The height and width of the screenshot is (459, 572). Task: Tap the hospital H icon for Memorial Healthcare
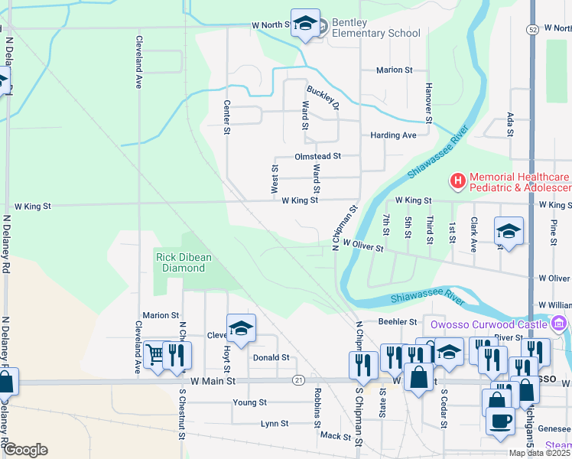coord(457,181)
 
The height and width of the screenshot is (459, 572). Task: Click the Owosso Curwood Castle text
coord(489,324)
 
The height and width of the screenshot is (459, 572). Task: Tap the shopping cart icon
coord(156,355)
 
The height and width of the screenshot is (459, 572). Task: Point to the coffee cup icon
coord(500,422)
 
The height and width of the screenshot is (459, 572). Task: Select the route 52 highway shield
coord(532,28)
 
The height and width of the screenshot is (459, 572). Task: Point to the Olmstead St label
coord(316,155)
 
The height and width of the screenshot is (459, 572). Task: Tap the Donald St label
coord(271,357)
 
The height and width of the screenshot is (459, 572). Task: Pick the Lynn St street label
coord(274,423)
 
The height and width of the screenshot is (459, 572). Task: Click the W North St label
coord(271,25)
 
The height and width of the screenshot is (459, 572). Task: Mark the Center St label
coord(227,117)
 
